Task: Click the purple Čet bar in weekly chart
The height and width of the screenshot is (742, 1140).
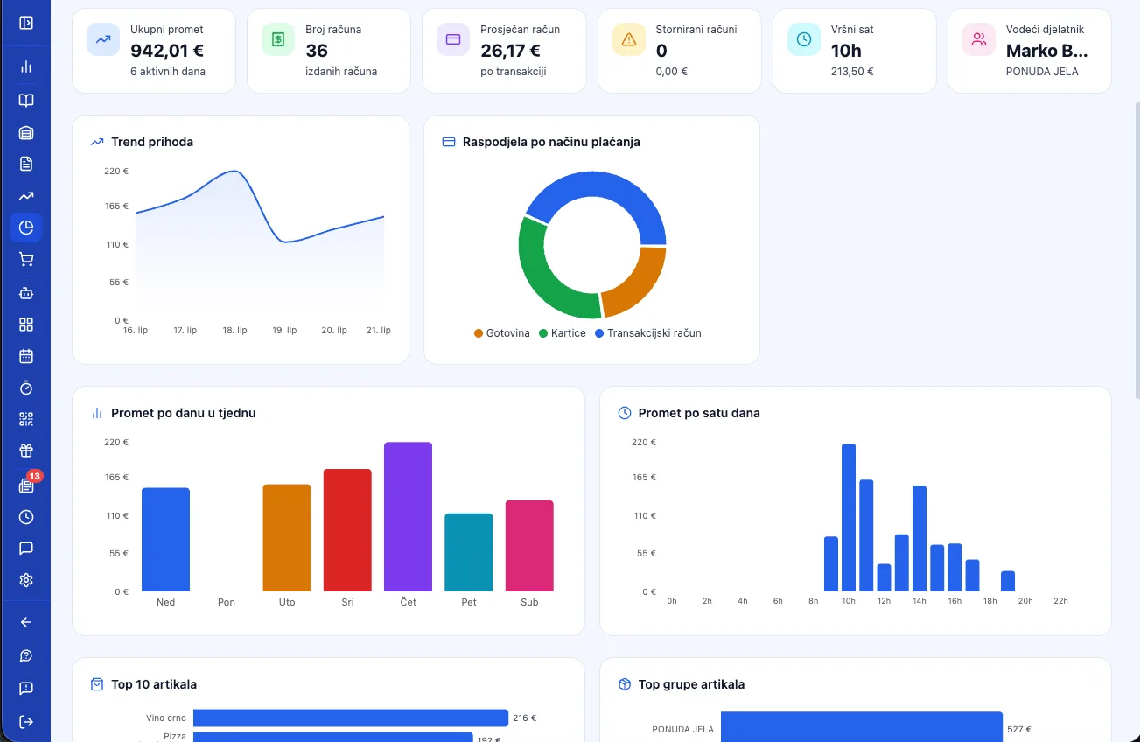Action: [408, 516]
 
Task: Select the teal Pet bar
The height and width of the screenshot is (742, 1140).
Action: [468, 552]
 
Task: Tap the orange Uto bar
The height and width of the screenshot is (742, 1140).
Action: [286, 538]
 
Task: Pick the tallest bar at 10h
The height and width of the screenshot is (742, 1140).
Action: [849, 518]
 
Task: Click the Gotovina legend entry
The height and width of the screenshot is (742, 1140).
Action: [502, 333]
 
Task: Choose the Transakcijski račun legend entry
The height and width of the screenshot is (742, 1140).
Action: [647, 333]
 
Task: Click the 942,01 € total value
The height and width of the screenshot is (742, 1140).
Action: [167, 51]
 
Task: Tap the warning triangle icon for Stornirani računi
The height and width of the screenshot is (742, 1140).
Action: [628, 39]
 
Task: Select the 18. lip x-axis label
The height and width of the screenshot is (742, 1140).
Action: [234, 330]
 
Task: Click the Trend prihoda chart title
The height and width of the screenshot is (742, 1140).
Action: [152, 142]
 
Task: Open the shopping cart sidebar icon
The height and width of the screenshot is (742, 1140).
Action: [26, 260]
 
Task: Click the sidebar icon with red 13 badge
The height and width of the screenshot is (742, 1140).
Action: [26, 485]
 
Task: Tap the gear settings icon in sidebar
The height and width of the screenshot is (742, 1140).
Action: [26, 580]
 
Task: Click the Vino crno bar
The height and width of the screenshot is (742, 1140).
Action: [351, 717]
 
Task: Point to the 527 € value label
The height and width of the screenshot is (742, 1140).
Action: [1019, 729]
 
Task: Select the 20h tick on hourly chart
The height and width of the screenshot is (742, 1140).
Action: [1025, 601]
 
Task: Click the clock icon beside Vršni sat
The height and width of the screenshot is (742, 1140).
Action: [803, 39]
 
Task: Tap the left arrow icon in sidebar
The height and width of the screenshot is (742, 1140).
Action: [26, 622]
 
